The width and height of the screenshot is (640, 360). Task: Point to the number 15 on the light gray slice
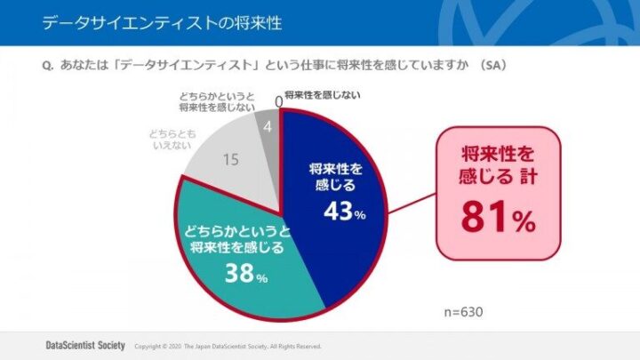point(230,160)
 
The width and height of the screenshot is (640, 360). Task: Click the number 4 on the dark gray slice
point(268,128)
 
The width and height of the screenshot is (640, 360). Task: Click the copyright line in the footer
point(227,347)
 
